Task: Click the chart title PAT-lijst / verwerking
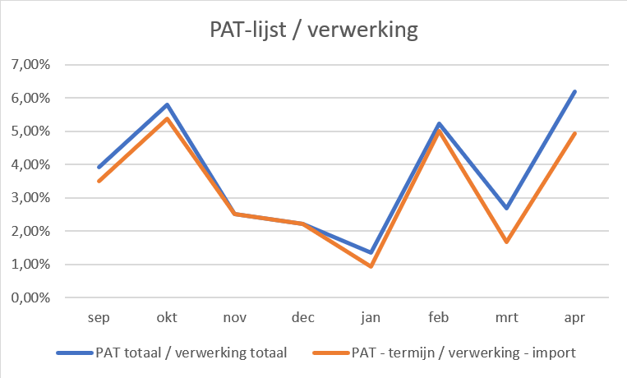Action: (312, 31)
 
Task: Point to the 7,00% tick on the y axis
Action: (30, 64)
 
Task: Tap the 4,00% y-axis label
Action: (30, 164)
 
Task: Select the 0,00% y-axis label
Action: (30, 298)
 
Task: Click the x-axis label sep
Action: (98, 316)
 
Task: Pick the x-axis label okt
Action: (167, 316)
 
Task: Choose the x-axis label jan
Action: (371, 316)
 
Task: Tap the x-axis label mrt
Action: (507, 316)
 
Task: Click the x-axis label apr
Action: (575, 316)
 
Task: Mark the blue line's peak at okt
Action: (167, 104)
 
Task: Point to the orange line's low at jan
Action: (371, 266)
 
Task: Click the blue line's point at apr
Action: (575, 91)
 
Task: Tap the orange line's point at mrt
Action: (507, 242)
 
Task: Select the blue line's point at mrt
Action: (507, 208)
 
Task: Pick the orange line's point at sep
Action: (99, 181)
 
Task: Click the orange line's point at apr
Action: (575, 133)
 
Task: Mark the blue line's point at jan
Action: (371, 252)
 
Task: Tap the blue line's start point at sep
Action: (99, 167)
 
